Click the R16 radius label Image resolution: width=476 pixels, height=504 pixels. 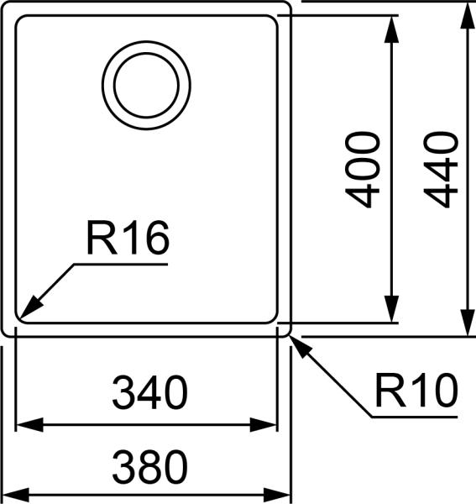pyautogui.click(x=128, y=238)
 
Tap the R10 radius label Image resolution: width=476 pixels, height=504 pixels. pyautogui.click(x=416, y=391)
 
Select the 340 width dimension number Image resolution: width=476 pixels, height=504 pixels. pyautogui.click(x=149, y=392)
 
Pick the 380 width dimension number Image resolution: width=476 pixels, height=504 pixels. pyautogui.click(x=149, y=467)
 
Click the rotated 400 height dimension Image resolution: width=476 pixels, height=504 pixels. pyautogui.click(x=363, y=170)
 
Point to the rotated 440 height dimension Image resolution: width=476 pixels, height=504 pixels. pyautogui.click(x=441, y=170)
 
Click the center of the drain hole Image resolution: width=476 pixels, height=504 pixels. pyautogui.click(x=146, y=85)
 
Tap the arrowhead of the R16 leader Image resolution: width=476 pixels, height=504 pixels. pyautogui.click(x=31, y=307)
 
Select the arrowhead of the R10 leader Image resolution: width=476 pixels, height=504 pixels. pyautogui.click(x=301, y=347)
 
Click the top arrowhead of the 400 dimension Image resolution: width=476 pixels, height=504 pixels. pyautogui.click(x=391, y=29)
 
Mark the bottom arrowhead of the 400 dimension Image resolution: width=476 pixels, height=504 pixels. pyautogui.click(x=391, y=308)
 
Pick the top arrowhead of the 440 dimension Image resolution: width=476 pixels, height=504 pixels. pyautogui.click(x=468, y=15)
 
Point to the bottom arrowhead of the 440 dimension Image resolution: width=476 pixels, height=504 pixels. pyautogui.click(x=468, y=323)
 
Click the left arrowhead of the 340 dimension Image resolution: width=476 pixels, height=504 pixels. pyautogui.click(x=29, y=424)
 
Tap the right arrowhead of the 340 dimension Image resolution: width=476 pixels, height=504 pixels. pyautogui.click(x=263, y=424)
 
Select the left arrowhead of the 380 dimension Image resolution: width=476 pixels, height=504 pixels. pyautogui.click(x=15, y=495)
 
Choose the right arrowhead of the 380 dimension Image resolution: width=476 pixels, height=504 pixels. pyautogui.click(x=277, y=495)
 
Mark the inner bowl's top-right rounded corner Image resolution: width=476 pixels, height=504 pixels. pyautogui.click(x=274, y=19)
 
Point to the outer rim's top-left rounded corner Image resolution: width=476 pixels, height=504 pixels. pyautogui.click(x=4, y=3)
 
